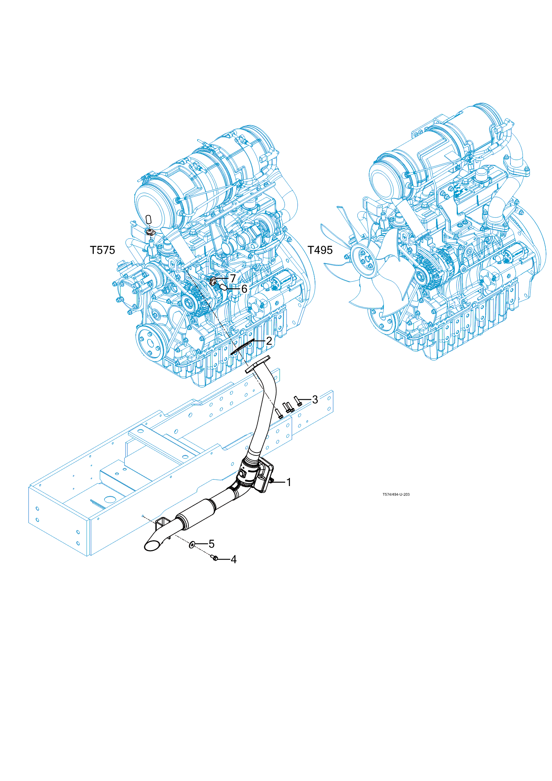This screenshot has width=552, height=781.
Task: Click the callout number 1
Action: tap(289, 482)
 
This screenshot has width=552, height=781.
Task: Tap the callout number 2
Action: tap(269, 341)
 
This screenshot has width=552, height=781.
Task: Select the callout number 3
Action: tap(315, 400)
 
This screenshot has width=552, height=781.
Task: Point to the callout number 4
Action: tap(233, 559)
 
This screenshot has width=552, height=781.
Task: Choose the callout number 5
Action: tap(211, 543)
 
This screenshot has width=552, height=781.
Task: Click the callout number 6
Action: tap(244, 289)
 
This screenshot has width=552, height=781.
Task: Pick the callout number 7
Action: tap(233, 278)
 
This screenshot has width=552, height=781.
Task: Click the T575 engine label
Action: tap(103, 250)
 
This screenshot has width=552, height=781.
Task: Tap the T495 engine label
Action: tap(320, 250)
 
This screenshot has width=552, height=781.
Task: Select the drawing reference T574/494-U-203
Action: tap(396, 494)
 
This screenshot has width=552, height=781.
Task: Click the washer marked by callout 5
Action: tap(192, 544)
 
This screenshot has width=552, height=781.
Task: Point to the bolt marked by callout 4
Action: tap(215, 558)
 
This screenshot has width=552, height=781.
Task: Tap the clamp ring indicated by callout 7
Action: tap(213, 282)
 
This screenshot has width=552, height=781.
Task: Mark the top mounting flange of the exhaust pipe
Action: tap(258, 364)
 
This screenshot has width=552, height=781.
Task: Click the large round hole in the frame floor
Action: tap(109, 500)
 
